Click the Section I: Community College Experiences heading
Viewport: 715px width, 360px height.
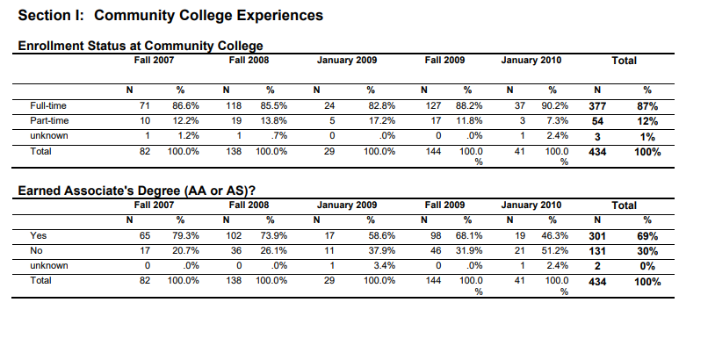(170, 16)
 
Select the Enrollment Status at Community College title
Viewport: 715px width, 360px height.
(141, 46)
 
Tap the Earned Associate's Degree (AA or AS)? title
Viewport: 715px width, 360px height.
(137, 191)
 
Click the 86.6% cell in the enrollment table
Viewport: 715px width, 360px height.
(185, 105)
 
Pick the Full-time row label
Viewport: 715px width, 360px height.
(48, 105)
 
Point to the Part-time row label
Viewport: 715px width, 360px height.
(49, 121)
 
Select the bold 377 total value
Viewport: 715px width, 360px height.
(597, 106)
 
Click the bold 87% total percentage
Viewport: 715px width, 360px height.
(647, 106)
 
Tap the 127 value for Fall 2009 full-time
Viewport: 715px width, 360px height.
(433, 105)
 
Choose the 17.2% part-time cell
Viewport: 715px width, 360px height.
(382, 121)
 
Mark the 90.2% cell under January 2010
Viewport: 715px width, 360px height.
(555, 105)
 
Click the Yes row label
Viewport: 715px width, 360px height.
(39, 235)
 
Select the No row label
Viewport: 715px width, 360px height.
(37, 250)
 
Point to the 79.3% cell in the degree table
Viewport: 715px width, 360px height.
(185, 235)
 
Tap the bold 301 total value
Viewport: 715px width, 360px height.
(597, 236)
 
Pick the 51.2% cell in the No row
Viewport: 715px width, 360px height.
(555, 250)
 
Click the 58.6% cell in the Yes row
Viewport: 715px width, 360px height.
(382, 235)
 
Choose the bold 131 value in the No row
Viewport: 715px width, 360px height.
(597, 251)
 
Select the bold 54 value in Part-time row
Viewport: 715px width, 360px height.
(597, 122)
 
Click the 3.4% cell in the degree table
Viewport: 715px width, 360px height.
(385, 266)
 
